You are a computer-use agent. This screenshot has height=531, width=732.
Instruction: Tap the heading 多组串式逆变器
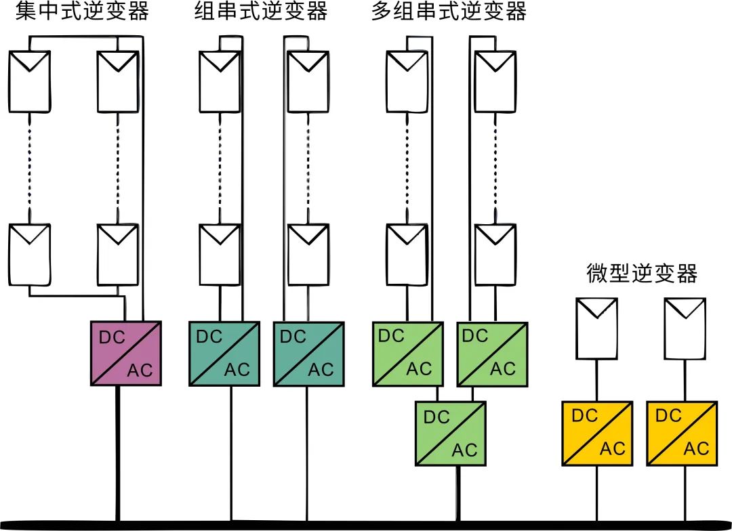449,12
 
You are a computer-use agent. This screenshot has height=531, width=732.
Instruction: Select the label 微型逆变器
642,274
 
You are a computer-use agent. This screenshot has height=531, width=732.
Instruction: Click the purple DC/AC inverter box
126,353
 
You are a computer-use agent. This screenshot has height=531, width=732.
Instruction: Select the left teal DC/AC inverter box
224,354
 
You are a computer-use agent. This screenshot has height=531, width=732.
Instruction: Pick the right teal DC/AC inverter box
309,354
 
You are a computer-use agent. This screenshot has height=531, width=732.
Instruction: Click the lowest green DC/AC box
451,433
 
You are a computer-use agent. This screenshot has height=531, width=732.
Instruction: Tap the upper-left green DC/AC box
405,354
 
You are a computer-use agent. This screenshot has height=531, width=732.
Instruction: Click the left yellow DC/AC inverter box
598,433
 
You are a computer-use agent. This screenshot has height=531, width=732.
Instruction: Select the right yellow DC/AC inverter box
682,433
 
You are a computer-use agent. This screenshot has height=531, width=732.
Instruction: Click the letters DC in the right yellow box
669,416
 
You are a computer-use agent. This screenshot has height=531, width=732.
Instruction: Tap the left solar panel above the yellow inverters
596,328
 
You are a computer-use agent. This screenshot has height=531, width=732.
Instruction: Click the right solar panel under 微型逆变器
683,328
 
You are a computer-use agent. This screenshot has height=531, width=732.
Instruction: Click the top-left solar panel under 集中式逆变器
29,81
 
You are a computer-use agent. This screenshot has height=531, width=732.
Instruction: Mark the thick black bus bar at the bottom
366,524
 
